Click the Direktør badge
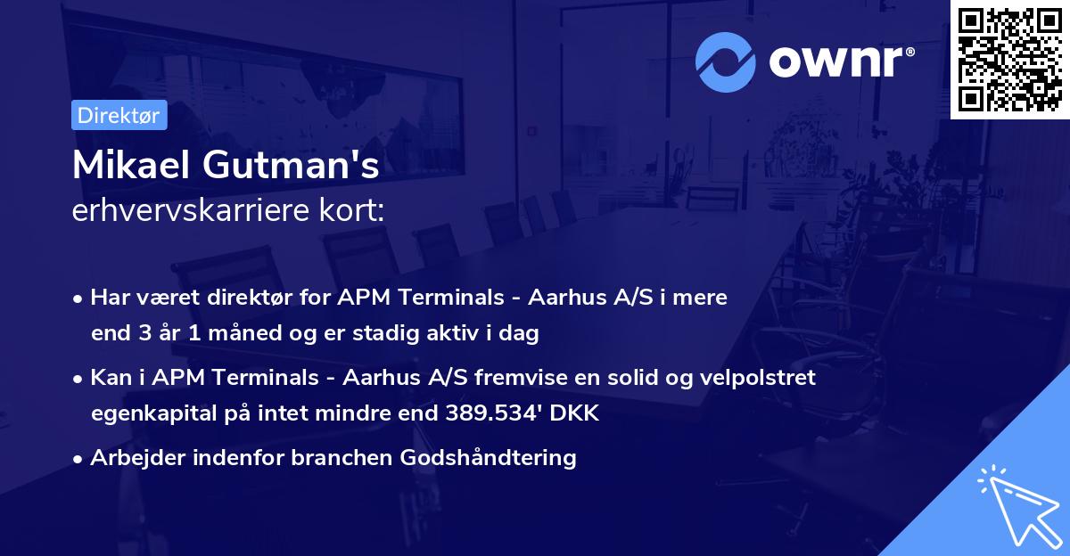tap(119, 115)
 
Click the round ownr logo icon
tap(726, 61)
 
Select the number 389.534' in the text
tap(505, 413)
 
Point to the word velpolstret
tap(762, 378)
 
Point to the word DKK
tap(579, 413)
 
